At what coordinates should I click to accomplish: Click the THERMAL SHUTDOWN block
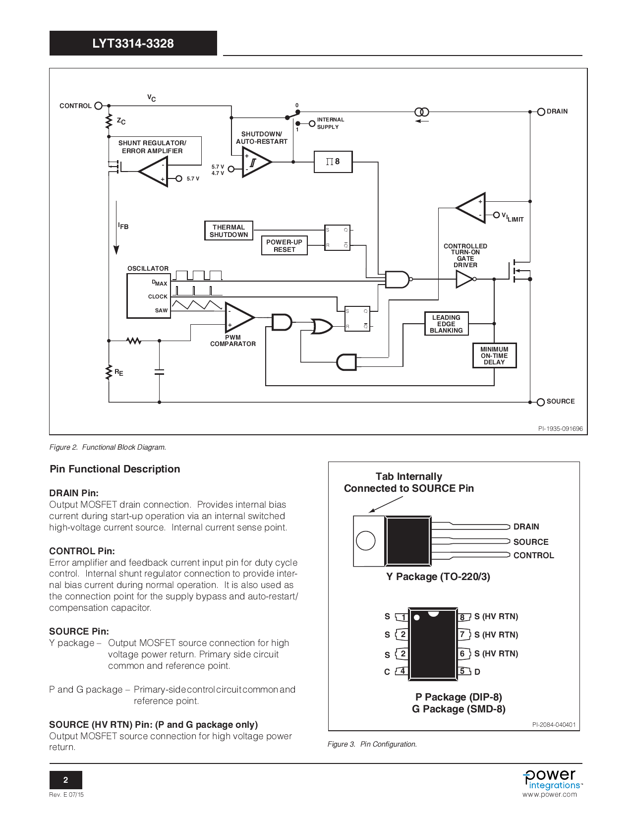(229, 231)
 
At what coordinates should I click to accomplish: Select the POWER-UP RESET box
(284, 246)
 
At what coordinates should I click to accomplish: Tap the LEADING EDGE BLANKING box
(446, 324)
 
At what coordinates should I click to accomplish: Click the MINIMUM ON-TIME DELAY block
(494, 356)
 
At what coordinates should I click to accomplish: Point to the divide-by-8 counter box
(333, 162)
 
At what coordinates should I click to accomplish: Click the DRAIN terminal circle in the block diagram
(541, 112)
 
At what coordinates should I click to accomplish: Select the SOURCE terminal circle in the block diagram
(541, 402)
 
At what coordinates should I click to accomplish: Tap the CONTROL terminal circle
(98, 106)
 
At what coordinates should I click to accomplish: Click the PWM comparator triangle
(238, 317)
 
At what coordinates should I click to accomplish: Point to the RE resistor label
(118, 372)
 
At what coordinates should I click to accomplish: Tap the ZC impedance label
(121, 121)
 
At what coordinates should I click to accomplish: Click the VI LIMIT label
(513, 217)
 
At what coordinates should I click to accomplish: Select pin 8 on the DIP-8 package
(462, 617)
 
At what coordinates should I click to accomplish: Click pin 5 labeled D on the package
(462, 671)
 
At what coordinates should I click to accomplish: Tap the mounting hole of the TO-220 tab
(365, 540)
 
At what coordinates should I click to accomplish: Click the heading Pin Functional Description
(115, 469)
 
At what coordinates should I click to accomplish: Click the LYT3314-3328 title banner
(133, 43)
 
